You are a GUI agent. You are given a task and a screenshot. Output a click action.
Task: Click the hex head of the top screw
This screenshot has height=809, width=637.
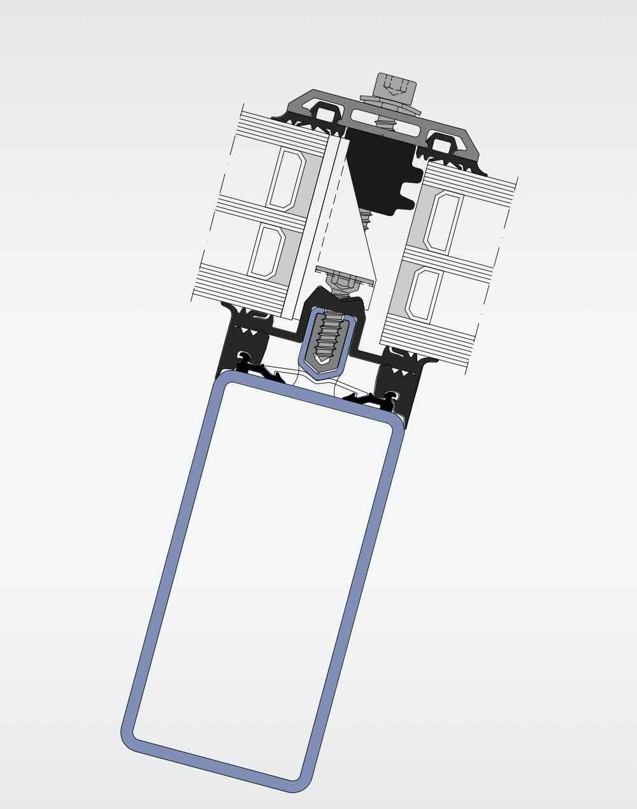click(396, 85)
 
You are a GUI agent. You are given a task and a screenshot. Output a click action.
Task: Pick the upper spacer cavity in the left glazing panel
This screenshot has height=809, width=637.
click(287, 180)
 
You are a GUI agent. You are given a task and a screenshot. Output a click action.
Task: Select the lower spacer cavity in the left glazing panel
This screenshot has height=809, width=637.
click(267, 250)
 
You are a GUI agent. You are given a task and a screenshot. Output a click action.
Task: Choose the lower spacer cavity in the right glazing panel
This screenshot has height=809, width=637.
click(424, 294)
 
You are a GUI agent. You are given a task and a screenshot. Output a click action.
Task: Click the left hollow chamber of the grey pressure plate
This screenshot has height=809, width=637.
click(326, 115)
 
